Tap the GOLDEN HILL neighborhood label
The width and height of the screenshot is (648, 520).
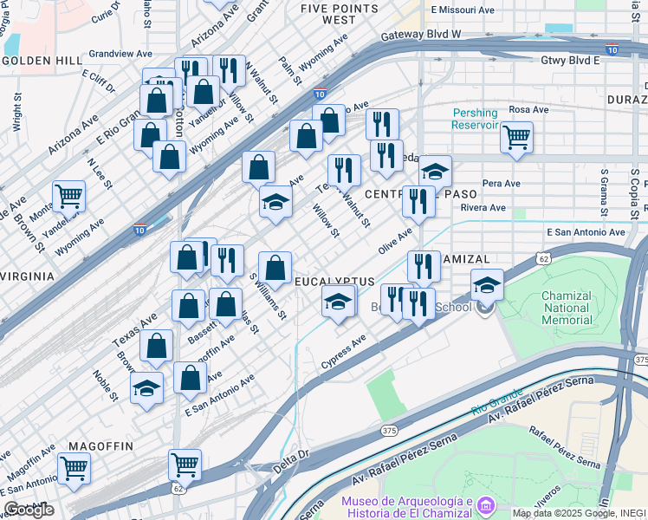pos(42,62)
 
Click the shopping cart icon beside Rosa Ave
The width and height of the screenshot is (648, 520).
pos(516,137)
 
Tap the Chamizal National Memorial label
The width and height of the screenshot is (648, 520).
pos(567,308)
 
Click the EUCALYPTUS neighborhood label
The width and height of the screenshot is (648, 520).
pos(334,283)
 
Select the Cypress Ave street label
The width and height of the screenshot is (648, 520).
pos(343,352)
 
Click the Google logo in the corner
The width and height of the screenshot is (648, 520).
pos(28,510)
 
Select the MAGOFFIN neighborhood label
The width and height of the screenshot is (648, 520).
pos(96,445)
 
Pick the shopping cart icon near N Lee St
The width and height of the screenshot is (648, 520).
pos(68,196)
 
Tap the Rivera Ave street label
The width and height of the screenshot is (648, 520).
pos(483,208)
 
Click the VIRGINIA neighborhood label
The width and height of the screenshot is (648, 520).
pos(28,276)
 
